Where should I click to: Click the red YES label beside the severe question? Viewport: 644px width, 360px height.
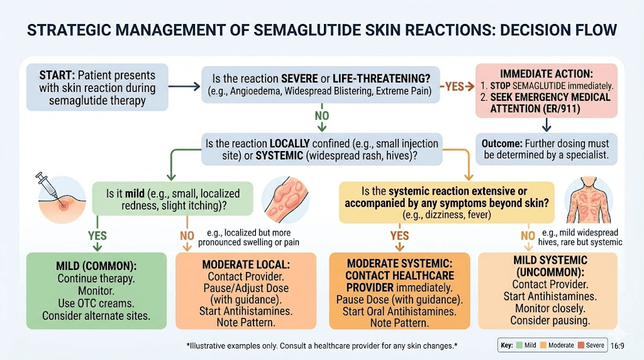453,87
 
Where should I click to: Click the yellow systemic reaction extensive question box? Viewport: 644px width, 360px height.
447,203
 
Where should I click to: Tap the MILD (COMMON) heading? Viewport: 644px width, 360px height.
96,266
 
